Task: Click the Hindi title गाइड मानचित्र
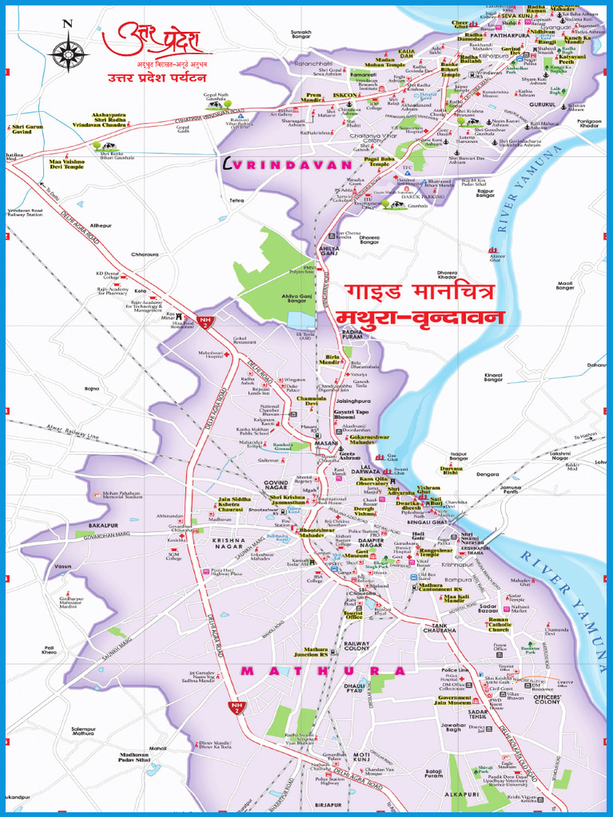(x=422, y=290)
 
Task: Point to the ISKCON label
(x=345, y=95)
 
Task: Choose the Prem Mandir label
(x=312, y=97)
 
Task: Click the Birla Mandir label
(x=330, y=360)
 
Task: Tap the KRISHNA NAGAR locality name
(x=231, y=540)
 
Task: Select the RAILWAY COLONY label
(x=357, y=646)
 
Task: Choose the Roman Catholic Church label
(x=498, y=625)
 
